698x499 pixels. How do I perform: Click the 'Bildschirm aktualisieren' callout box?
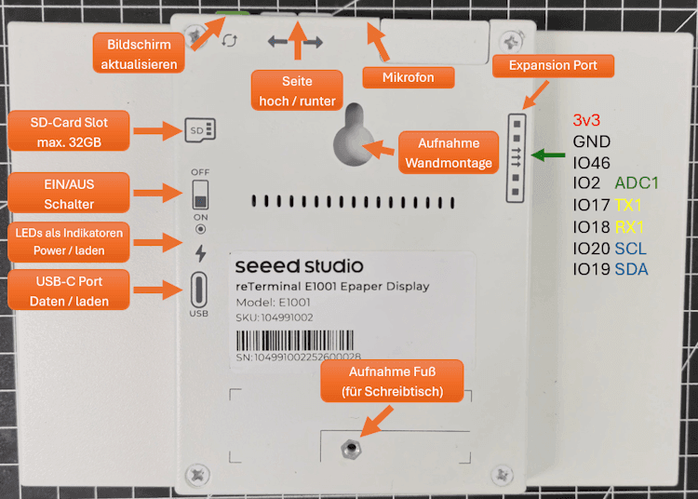coord(138,53)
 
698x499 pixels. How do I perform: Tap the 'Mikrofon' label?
coord(408,77)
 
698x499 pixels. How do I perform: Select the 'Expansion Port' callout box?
coord(553,66)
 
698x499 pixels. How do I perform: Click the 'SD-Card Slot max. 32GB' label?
coord(69,131)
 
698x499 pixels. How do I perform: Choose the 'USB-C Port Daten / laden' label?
coord(67,290)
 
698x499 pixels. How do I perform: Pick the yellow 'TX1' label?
coord(629,205)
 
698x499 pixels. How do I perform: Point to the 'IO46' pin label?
coord(592,162)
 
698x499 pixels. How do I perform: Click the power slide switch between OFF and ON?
coord(200,196)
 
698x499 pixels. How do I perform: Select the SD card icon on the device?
coord(200,129)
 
